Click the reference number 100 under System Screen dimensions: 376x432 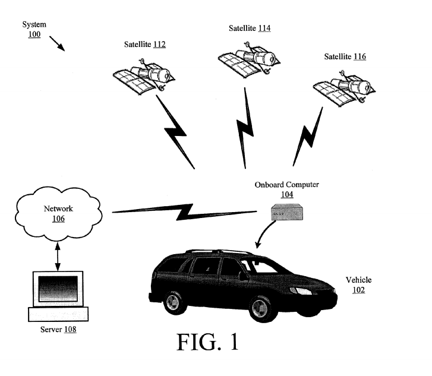(x=34, y=35)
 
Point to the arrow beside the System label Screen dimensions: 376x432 (x=58, y=43)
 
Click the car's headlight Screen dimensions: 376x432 (x=297, y=291)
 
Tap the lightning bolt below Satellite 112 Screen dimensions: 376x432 (x=174, y=130)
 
